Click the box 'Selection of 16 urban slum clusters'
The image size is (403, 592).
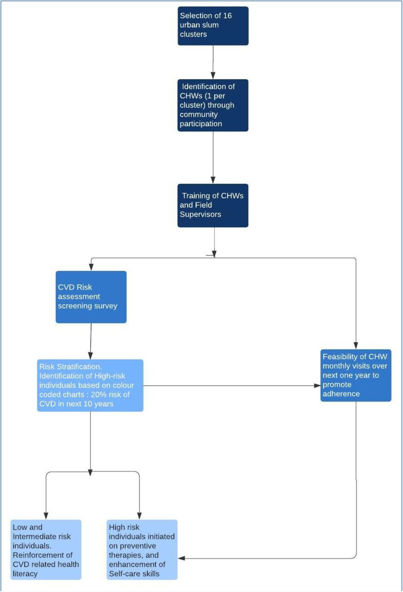tap(213, 26)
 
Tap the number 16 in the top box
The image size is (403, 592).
tap(227, 16)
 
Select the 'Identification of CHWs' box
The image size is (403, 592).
tap(213, 105)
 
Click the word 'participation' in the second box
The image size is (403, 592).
tap(201, 123)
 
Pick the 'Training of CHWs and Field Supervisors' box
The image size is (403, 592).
tap(213, 205)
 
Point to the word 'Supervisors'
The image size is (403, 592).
tap(200, 214)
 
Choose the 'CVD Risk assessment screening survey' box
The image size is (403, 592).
tap(91, 297)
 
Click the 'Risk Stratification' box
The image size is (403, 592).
tap(90, 385)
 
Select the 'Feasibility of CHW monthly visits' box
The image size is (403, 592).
tap(356, 375)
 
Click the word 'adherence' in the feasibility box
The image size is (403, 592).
tap(341, 394)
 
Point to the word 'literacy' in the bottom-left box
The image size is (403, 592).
tap(25, 574)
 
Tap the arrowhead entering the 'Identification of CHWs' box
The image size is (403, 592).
tap(213, 75)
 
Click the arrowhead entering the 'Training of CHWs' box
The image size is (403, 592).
tap(213, 180)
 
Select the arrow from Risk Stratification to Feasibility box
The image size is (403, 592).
tap(232, 386)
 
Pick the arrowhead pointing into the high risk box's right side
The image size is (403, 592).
tap(181, 558)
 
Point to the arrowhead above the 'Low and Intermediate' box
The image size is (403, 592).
tap(46, 516)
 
